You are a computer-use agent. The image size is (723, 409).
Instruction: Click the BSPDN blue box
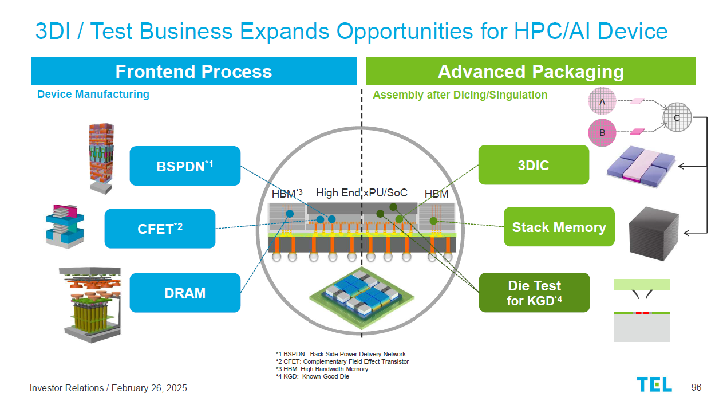pyautogui.click(x=185, y=166)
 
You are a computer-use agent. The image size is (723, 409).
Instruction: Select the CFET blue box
pyautogui.click(x=160, y=229)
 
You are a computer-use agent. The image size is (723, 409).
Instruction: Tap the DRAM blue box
pyautogui.click(x=185, y=293)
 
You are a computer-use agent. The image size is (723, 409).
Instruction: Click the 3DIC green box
pyautogui.click(x=533, y=165)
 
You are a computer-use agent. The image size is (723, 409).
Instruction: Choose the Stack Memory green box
pyautogui.click(x=559, y=227)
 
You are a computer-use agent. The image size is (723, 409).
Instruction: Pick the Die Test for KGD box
pyautogui.click(x=534, y=292)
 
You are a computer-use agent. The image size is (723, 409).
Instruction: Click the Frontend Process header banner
pyautogui.click(x=193, y=72)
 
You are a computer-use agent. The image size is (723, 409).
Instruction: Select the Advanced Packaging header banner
pyautogui.click(x=531, y=72)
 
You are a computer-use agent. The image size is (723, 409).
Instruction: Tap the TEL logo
pyautogui.click(x=654, y=385)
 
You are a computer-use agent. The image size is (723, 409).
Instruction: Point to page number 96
pyautogui.click(x=696, y=387)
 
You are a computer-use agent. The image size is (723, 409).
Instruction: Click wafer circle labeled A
pyautogui.click(x=602, y=101)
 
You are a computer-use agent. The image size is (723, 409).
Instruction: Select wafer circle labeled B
pyautogui.click(x=602, y=133)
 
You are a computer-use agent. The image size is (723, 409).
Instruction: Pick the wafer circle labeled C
pyautogui.click(x=677, y=118)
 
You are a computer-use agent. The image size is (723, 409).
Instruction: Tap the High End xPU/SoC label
pyautogui.click(x=361, y=193)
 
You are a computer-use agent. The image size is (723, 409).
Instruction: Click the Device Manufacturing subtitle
pyautogui.click(x=93, y=94)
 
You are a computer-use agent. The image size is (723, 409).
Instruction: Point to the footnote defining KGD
pyautogui.click(x=312, y=376)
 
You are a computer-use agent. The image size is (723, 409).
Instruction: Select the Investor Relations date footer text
pyautogui.click(x=108, y=388)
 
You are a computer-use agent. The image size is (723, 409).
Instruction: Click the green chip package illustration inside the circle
pyautogui.click(x=361, y=293)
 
